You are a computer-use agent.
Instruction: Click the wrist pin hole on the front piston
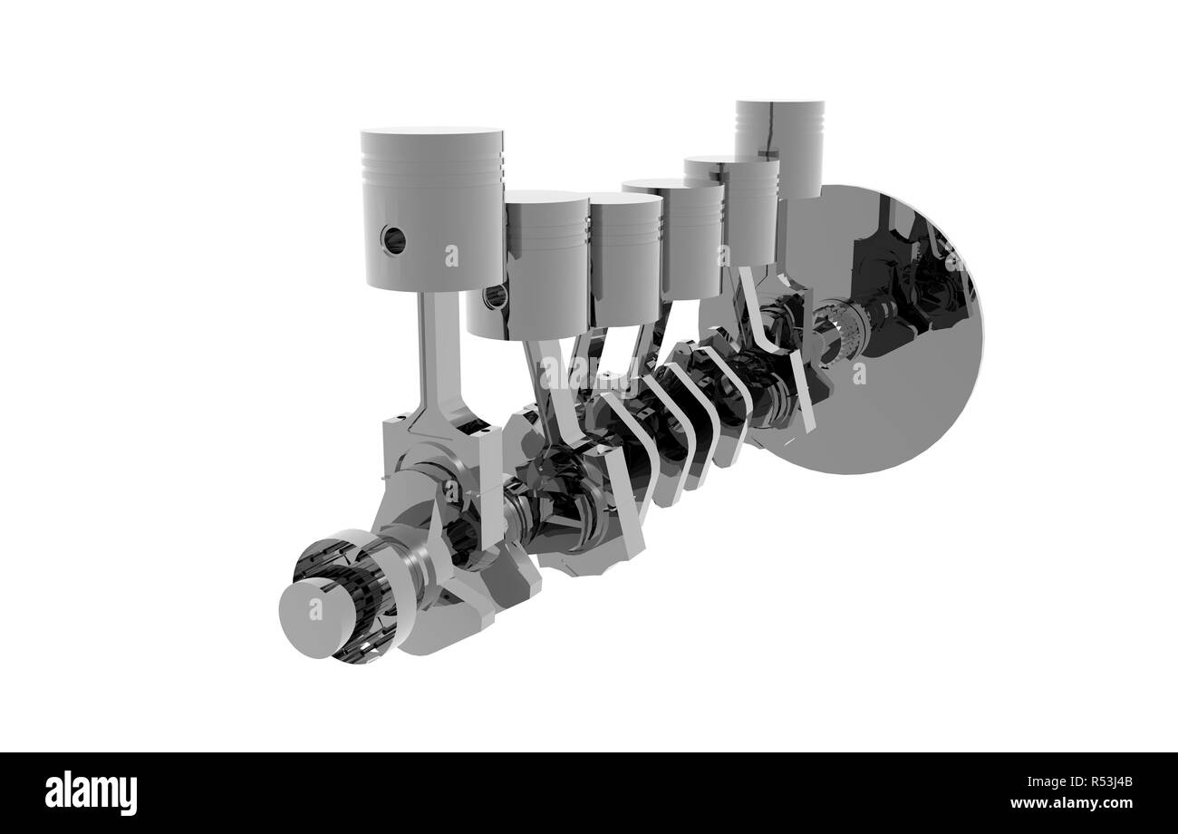pos(394,238)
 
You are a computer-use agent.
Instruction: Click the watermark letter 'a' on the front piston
pos(450,257)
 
